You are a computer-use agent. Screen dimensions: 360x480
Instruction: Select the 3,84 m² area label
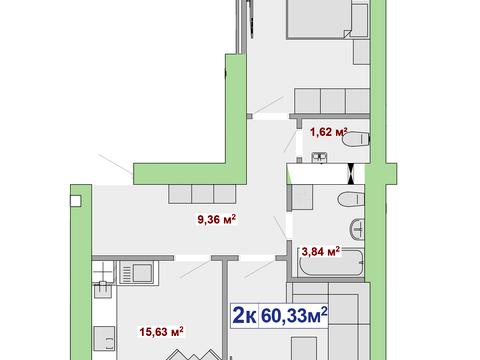point(320,251)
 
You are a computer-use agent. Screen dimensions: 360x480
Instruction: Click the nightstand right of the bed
point(361,20)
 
